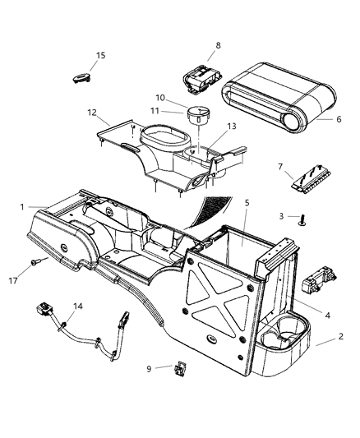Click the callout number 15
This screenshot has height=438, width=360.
[x=101, y=56]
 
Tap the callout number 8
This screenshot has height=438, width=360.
[x=218, y=45]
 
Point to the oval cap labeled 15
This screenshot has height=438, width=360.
[x=81, y=76]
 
